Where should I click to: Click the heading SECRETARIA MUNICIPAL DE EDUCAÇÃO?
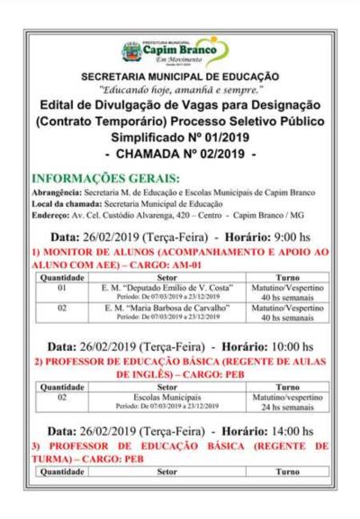[179, 77]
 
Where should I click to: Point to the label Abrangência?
[57, 192]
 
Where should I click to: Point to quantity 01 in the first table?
[62, 289]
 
